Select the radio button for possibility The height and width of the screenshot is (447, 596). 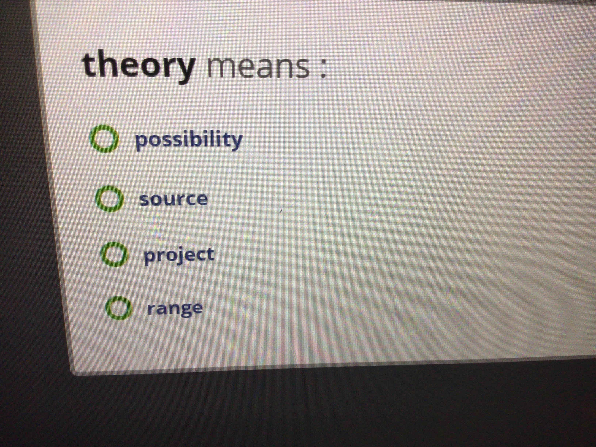104,138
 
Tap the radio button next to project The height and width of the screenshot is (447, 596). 114,254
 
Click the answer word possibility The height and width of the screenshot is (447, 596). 189,140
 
